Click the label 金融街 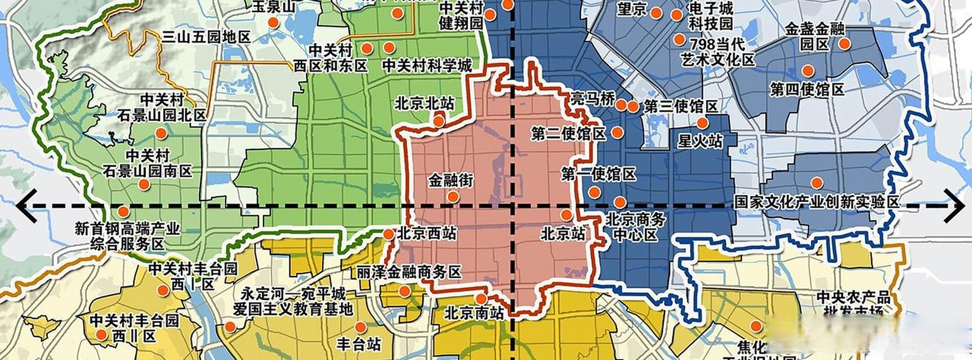click(x=450, y=181)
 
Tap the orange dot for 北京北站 click(x=438, y=121)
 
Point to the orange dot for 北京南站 click(x=481, y=299)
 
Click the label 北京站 click(x=563, y=234)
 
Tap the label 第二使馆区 click(x=569, y=134)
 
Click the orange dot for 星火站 click(x=702, y=123)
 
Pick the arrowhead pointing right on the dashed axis click(x=954, y=206)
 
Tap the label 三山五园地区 click(x=206, y=37)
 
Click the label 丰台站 click(x=358, y=345)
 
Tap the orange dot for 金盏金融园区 click(x=844, y=44)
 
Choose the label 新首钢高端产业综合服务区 click(x=128, y=236)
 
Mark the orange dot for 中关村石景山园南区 click(x=144, y=184)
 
